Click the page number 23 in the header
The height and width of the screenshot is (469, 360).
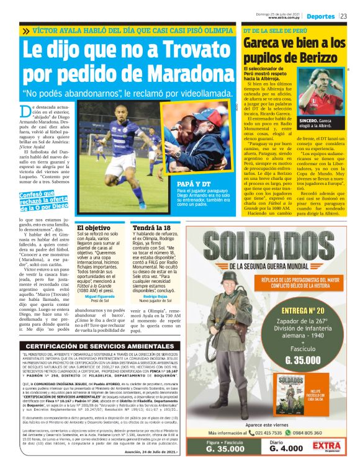pyautogui.click(x=351, y=15)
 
